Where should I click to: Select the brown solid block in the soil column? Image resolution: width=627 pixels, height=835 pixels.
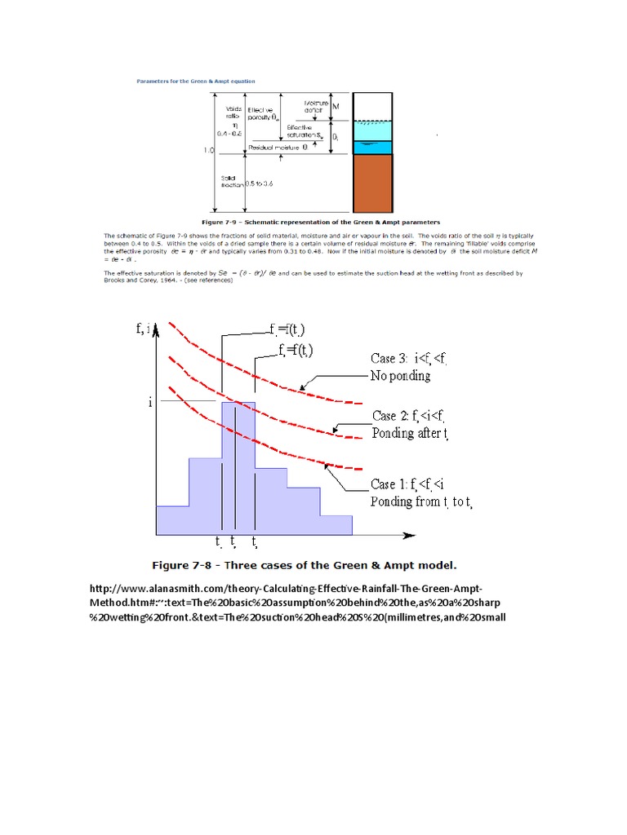(x=373, y=183)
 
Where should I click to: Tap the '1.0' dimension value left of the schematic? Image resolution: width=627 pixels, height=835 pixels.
(x=209, y=151)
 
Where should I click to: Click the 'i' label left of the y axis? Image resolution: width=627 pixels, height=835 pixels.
(x=150, y=402)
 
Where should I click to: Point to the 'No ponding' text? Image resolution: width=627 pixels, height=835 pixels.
(x=402, y=376)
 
